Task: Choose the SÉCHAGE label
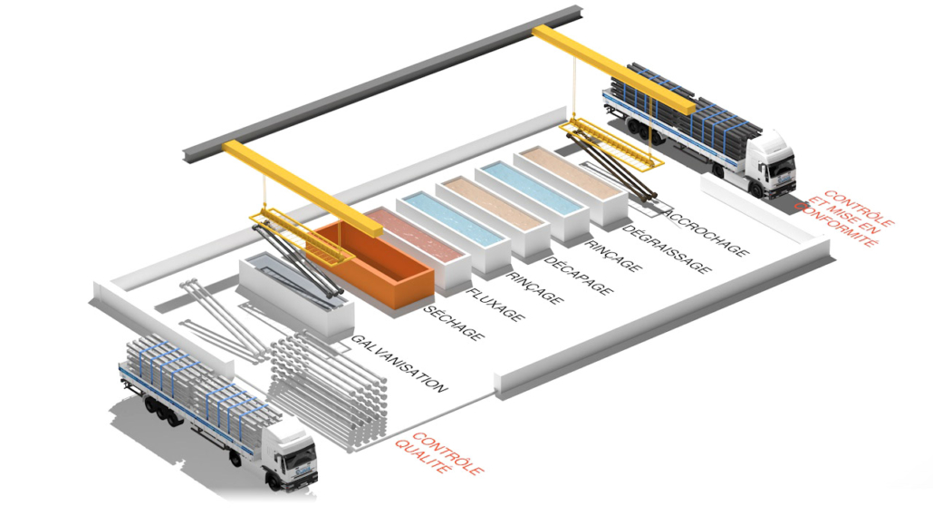point(453,324)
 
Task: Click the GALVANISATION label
point(399,364)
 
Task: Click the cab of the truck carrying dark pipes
point(770,163)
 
